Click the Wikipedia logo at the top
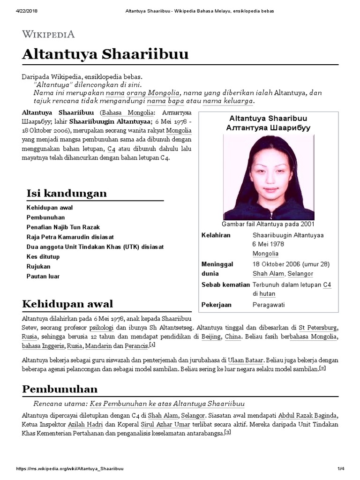point(48,34)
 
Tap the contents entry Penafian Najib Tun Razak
point(63,227)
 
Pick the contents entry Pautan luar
point(43,276)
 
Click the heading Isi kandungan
point(67,193)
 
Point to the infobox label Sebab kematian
point(225,285)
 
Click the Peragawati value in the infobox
point(269,305)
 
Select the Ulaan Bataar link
point(245,360)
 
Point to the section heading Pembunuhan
point(60,389)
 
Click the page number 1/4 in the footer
point(341,469)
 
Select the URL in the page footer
point(70,469)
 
